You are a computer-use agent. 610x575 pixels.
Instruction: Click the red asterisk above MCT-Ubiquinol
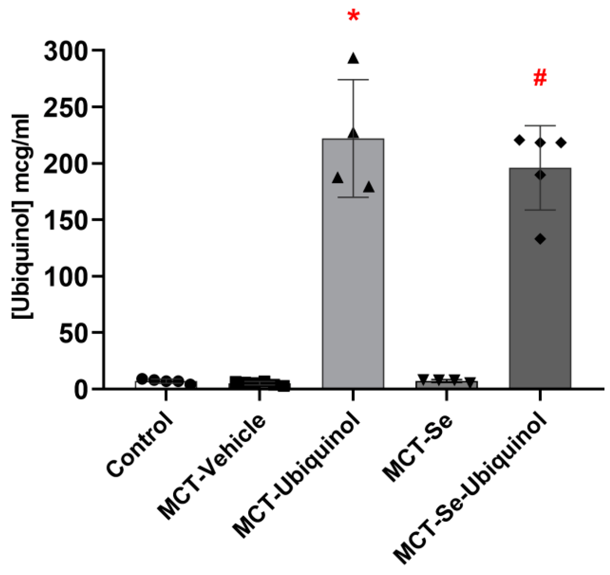(x=353, y=16)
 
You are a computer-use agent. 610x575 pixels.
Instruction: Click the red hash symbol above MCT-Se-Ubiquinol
(x=540, y=77)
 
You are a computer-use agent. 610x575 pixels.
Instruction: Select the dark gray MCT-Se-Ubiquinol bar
(x=540, y=295)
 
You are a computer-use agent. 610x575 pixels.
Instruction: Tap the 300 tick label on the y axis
(x=65, y=51)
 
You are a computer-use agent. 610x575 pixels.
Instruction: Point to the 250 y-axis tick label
(x=65, y=108)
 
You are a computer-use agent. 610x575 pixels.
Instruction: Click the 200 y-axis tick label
(x=65, y=164)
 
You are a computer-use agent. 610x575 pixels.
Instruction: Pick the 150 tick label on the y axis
(x=65, y=220)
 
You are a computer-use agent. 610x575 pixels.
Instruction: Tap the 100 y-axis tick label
(x=65, y=276)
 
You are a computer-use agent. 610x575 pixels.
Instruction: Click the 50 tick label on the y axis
(x=73, y=333)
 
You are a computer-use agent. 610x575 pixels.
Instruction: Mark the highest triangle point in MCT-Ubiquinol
(x=353, y=59)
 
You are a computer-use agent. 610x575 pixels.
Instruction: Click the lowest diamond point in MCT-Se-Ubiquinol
(x=540, y=239)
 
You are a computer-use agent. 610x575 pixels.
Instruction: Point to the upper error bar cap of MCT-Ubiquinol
(x=353, y=80)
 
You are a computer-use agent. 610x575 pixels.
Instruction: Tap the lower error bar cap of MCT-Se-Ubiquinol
(x=540, y=210)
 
